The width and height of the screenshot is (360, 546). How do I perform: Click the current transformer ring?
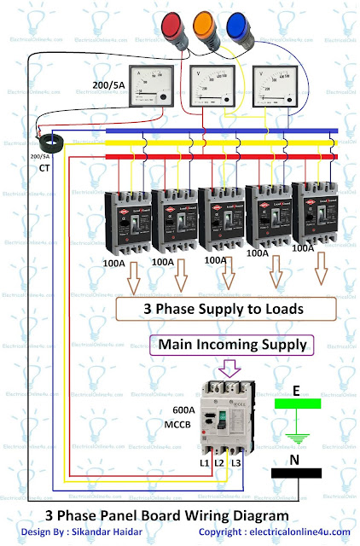41,133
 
